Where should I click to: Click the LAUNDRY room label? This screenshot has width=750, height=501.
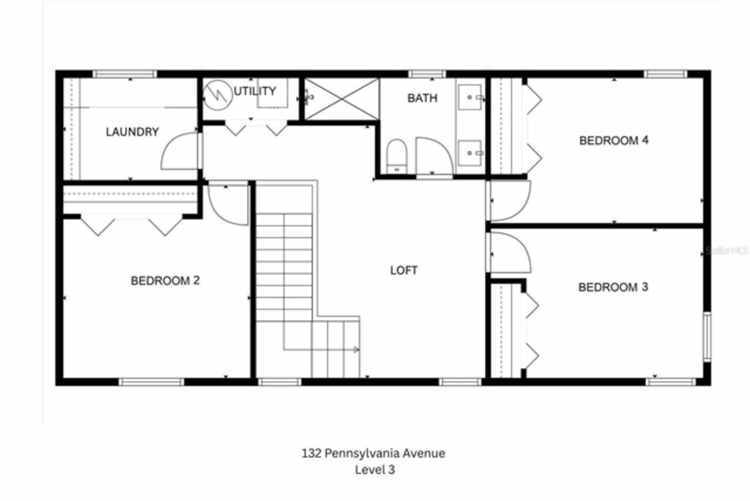[132, 132]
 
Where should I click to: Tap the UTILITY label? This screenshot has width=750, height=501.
[255, 91]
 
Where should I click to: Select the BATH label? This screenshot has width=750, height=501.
[422, 98]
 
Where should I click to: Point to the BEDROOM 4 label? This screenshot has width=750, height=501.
[614, 141]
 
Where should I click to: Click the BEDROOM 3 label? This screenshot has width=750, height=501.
[613, 287]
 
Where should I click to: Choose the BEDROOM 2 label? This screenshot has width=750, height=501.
[165, 281]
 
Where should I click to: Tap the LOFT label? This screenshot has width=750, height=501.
[404, 270]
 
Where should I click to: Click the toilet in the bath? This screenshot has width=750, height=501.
[396, 156]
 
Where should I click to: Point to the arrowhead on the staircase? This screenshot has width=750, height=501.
[356, 350]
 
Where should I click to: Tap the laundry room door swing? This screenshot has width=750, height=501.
[180, 152]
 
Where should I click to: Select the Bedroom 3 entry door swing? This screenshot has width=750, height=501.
[510, 252]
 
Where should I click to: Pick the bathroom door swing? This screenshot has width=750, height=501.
[434, 155]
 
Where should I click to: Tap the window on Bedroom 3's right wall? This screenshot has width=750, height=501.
[707, 336]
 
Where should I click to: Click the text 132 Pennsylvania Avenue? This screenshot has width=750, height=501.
[373, 453]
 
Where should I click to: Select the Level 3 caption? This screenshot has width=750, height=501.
[374, 470]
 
